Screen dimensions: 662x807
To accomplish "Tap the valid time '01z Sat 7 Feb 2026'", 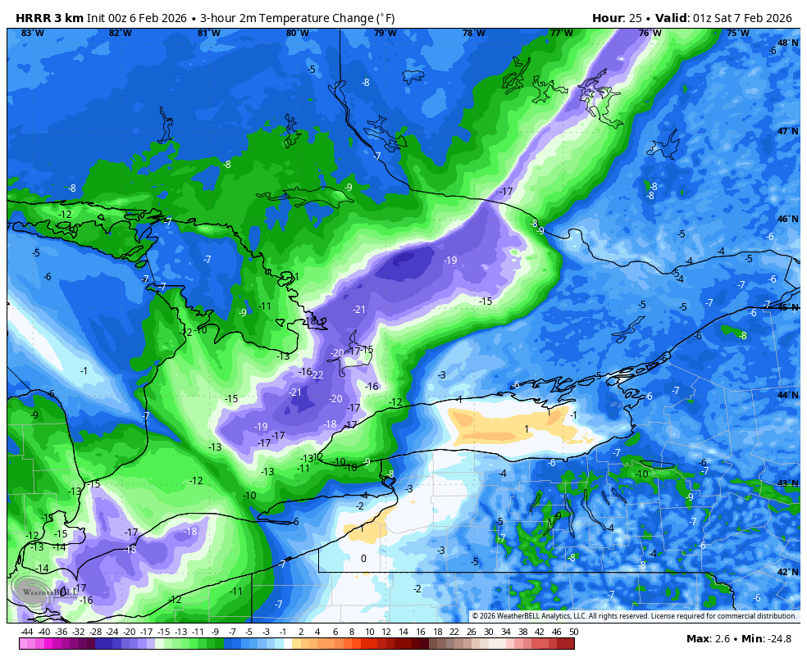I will tap(742, 18).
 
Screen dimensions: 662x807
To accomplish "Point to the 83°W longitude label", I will tap(32, 33).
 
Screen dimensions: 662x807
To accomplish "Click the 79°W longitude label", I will tap(385, 33).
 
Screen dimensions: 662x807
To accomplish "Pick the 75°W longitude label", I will tap(737, 33).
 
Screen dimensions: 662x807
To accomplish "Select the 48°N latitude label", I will tap(787, 43).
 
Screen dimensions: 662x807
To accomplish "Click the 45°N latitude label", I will tap(787, 307).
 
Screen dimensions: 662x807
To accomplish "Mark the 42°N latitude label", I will tap(787, 572).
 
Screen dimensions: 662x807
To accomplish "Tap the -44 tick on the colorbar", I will tap(27, 632).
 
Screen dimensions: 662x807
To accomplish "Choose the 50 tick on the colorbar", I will tap(573, 632).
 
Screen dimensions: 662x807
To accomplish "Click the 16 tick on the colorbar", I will tap(420, 632).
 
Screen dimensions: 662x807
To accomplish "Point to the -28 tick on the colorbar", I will tap(95, 632).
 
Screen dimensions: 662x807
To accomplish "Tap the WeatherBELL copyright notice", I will tap(634, 616).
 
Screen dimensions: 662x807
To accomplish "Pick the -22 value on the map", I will tap(317, 374).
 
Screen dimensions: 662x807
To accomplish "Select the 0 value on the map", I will tap(363, 559).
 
